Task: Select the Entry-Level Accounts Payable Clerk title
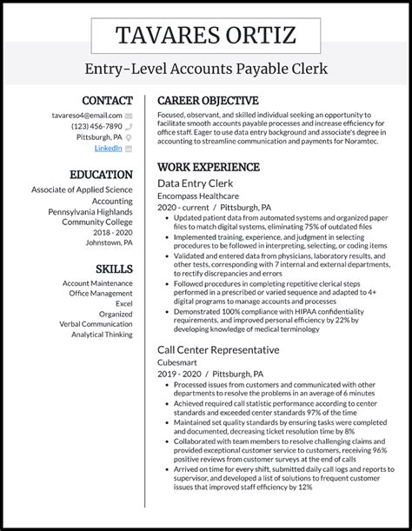pyautogui.click(x=205, y=69)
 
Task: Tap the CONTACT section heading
pyautogui.click(x=107, y=101)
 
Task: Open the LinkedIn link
pyautogui.click(x=108, y=149)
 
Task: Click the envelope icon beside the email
pyautogui.click(x=129, y=115)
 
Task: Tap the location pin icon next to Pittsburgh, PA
pyautogui.click(x=129, y=137)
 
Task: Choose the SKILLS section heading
pyautogui.click(x=113, y=269)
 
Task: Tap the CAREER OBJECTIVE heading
pyautogui.click(x=208, y=101)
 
